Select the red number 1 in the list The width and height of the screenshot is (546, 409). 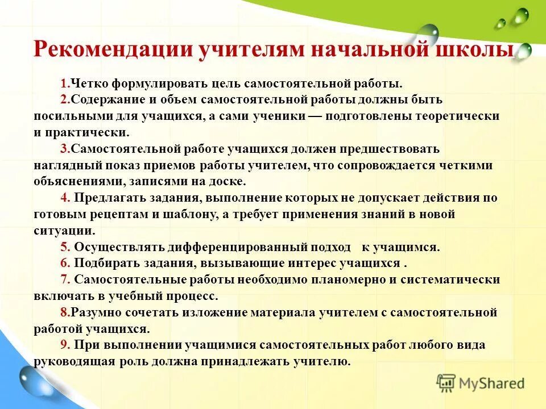63,84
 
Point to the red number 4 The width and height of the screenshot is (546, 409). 64,198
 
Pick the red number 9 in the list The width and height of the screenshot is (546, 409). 64,345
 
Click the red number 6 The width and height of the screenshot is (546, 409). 64,263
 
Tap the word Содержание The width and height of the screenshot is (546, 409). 106,100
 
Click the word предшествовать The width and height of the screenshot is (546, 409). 389,149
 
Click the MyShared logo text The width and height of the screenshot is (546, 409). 491,383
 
